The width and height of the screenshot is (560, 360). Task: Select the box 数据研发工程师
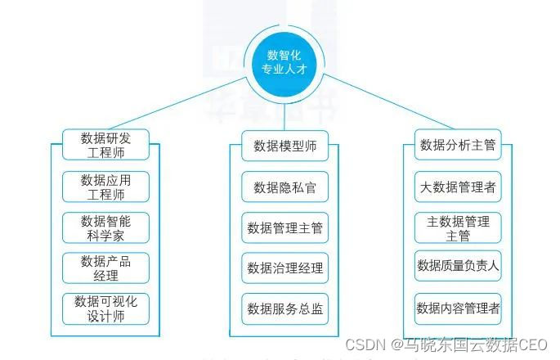click(105, 145)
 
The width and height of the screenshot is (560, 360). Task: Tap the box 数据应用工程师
click(105, 187)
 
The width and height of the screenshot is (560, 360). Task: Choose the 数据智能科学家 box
click(105, 227)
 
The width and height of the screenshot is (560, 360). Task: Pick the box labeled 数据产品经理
click(105, 268)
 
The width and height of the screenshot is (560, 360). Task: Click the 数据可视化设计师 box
click(105, 308)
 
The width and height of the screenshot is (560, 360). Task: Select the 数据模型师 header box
click(284, 146)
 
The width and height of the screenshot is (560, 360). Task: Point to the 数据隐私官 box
click(284, 187)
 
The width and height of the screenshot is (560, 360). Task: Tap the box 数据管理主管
click(284, 227)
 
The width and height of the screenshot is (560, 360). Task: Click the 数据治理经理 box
click(284, 268)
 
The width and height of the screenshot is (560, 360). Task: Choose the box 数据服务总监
click(284, 309)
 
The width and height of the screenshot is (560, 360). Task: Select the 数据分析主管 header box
click(458, 146)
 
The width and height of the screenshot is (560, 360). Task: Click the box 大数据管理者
click(458, 187)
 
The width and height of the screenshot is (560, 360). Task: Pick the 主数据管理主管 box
click(458, 228)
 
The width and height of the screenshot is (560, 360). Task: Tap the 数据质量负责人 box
click(458, 265)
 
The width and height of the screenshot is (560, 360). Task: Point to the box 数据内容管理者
click(458, 308)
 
